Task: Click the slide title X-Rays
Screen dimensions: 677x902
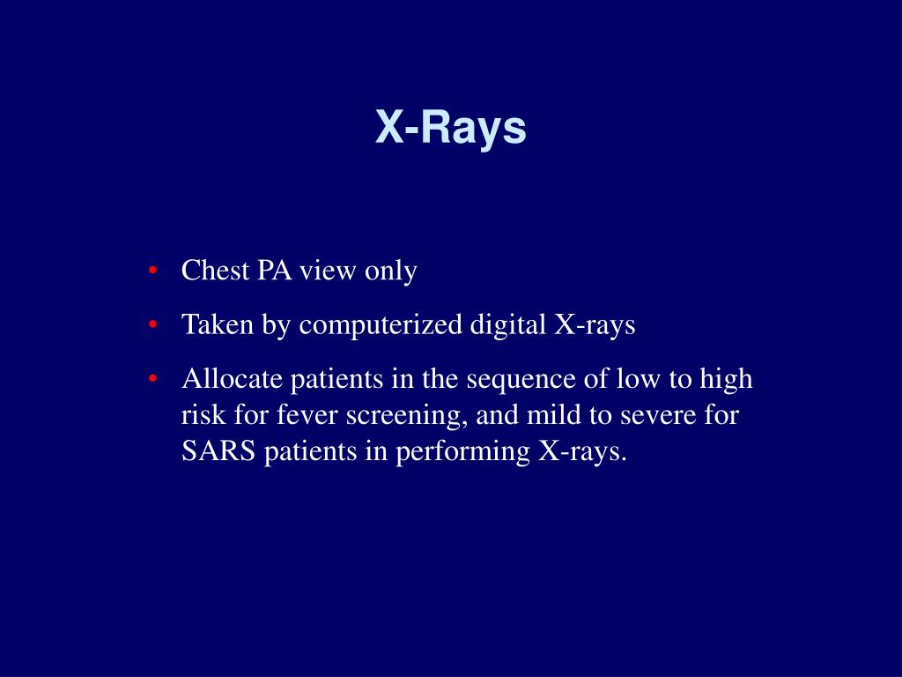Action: (451, 127)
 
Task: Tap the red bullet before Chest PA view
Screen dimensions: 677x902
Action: (153, 270)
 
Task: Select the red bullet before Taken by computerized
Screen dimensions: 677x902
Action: (153, 324)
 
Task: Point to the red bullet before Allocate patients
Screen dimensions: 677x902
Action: (153, 379)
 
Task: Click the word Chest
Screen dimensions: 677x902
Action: (215, 271)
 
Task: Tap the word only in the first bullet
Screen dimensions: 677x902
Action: (390, 272)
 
